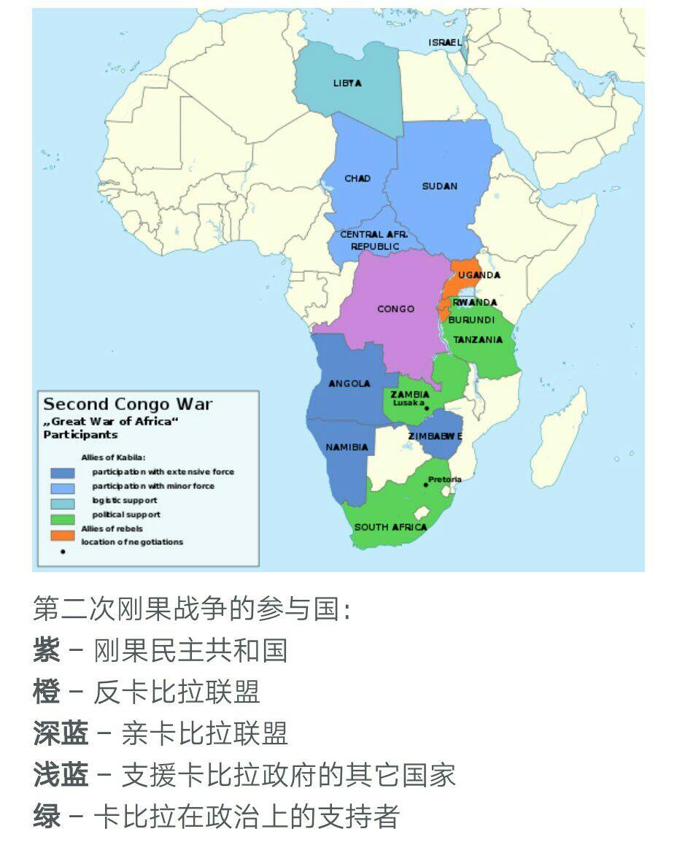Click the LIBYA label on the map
347,83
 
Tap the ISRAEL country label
445,43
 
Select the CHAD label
357,179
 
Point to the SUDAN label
439,186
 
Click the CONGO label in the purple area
395,309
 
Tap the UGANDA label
479,275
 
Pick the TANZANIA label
477,339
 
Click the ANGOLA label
349,383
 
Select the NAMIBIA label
347,447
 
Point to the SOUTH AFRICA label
390,527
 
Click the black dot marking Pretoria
425,485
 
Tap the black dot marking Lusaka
427,408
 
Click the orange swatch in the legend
62,536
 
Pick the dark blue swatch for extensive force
62,473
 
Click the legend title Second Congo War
128,404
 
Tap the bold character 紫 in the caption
46,650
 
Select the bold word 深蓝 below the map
60,733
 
